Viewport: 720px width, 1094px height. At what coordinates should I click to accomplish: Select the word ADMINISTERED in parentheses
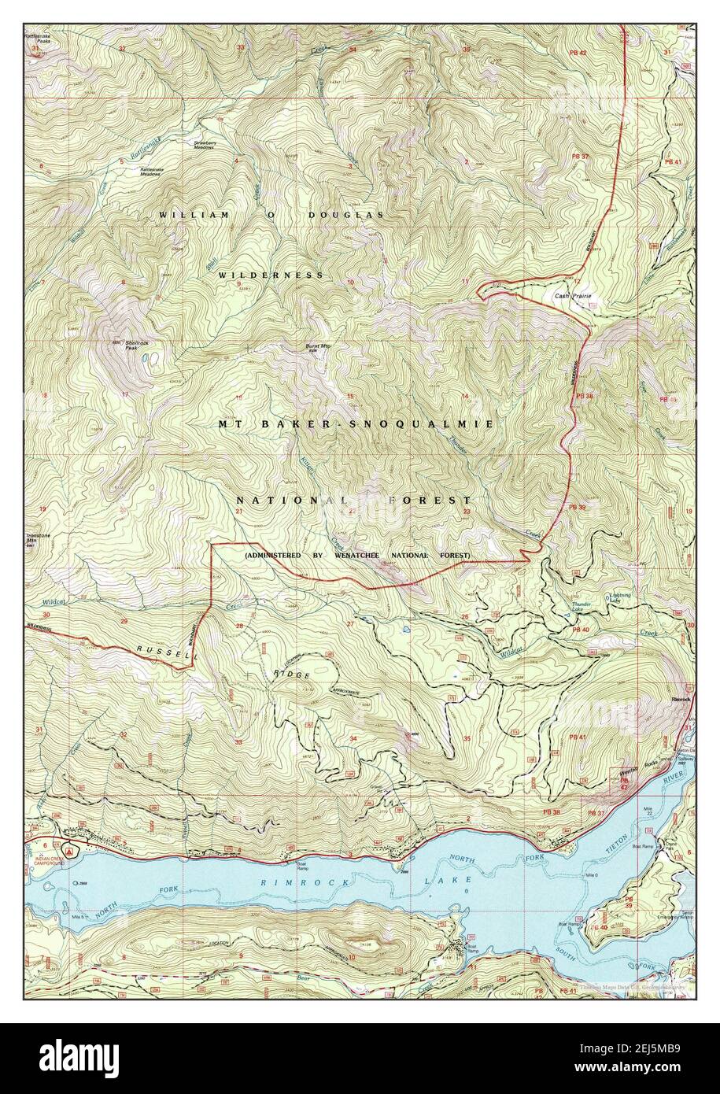275,556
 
